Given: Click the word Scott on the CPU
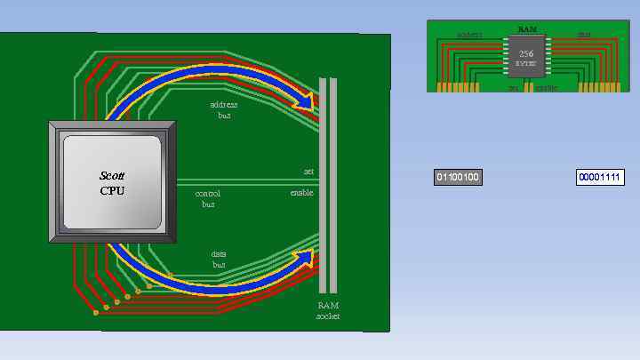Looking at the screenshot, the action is coord(113,176).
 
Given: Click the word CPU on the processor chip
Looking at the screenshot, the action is coord(113,190).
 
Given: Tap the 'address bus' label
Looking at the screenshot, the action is coord(224,109).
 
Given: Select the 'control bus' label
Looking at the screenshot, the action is coord(208,197).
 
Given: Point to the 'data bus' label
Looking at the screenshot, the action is coord(219,259).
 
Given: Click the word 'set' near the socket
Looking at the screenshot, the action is coord(308,171).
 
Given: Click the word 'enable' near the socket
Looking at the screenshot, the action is coord(301,192).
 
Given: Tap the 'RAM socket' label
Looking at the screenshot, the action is coord(328,310).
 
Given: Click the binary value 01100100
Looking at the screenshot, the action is coord(458,178).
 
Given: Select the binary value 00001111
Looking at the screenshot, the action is coord(600,178).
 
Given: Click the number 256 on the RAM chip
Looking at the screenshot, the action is coord(526,53).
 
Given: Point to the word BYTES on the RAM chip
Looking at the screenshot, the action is coord(526,64).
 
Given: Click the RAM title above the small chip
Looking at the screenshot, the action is coord(526,29).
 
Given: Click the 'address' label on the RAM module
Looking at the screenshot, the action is coord(469,36).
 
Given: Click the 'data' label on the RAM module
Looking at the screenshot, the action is coord(584,36).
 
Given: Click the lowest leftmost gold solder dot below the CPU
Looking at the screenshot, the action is coord(95,313).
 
